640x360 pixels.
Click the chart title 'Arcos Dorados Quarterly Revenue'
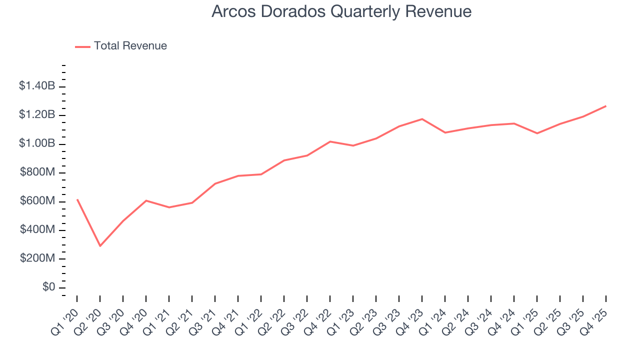(341, 11)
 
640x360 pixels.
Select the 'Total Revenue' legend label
(130, 46)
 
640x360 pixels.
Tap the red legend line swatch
(82, 46)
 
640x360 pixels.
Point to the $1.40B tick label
(37, 86)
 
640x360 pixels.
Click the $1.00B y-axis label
(37, 143)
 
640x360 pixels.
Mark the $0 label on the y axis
(48, 287)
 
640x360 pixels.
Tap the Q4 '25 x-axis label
(595, 316)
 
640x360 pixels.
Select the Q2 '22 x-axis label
(273, 316)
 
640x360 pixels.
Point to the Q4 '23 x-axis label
(411, 316)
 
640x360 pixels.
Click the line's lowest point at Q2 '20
(100, 246)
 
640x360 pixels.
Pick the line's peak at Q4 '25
(606, 106)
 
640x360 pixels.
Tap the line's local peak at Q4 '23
(422, 119)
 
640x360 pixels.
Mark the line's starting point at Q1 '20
(77, 199)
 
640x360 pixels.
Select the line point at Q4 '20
(146, 200)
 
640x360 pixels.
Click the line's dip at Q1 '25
(537, 133)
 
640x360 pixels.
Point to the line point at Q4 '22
(330, 141)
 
